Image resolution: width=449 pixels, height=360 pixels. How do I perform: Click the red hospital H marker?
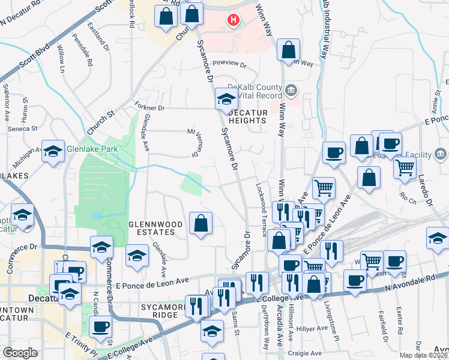click(x=233, y=21)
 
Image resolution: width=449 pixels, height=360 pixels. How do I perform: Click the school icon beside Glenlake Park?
click(x=53, y=151)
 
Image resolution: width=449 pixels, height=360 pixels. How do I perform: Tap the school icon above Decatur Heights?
click(x=226, y=98)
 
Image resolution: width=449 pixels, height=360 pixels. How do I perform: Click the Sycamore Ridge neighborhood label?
click(x=160, y=311)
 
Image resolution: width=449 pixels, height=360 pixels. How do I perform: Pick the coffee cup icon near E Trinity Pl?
click(x=101, y=327)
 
